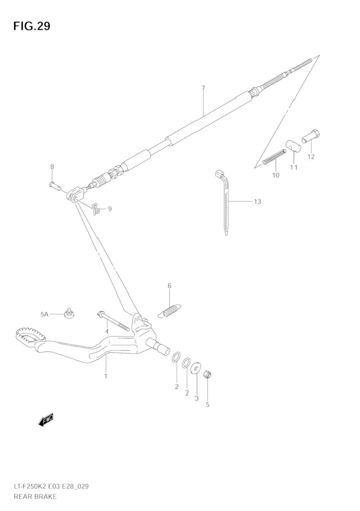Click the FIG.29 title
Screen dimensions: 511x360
coord(32,26)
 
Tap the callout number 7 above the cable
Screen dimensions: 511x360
coord(203,88)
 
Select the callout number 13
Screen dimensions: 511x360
coord(257,201)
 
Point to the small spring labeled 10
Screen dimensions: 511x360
coord(274,157)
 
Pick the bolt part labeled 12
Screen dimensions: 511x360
coord(311,137)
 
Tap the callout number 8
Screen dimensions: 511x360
coord(52,166)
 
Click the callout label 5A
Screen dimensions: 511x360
coord(44,314)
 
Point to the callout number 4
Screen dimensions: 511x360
coord(107,331)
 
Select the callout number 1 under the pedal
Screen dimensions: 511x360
coord(106,376)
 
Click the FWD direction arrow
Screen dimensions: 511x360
coord(46,420)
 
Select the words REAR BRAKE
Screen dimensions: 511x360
coord(35,497)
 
